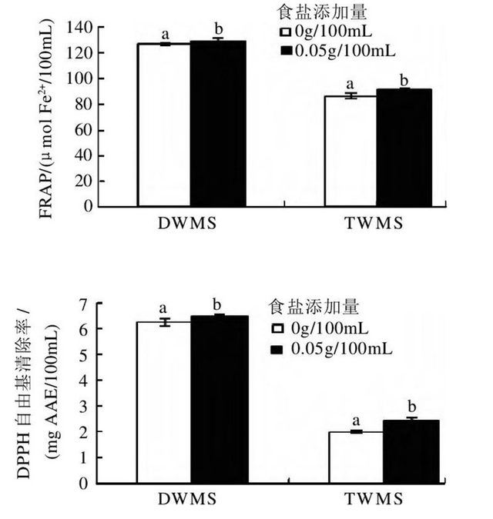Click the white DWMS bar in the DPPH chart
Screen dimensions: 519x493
pos(163,403)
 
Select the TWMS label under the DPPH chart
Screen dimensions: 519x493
pos(384,500)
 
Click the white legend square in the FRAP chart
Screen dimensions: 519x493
pos(284,33)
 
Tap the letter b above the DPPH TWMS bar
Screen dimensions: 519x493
pos(411,407)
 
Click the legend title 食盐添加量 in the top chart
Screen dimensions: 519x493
pos(314,13)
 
